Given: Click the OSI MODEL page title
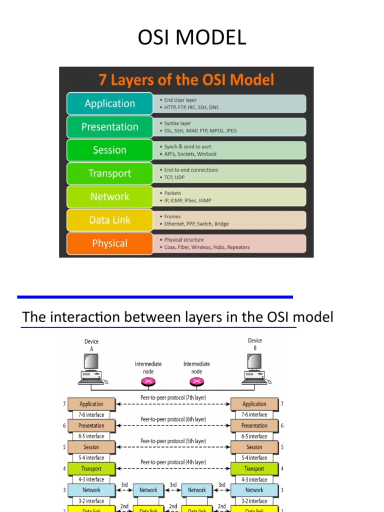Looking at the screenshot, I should click(192, 38).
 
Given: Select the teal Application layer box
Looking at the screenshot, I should click(109, 103).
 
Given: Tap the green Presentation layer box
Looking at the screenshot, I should click(109, 127).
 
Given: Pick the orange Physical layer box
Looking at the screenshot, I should click(109, 243).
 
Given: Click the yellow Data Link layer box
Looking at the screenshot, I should click(109, 220).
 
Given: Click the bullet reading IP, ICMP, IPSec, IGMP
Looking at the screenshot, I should click(187, 200).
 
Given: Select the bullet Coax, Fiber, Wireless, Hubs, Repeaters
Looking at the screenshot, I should click(206, 247).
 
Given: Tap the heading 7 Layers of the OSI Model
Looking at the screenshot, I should click(186, 79).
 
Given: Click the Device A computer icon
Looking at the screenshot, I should click(91, 368).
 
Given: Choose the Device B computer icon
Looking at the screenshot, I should click(255, 368).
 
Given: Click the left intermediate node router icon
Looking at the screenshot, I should click(148, 382).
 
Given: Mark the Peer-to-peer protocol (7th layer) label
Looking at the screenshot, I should click(173, 397).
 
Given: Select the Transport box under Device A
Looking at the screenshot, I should click(91, 469).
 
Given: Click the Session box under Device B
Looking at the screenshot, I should click(254, 447).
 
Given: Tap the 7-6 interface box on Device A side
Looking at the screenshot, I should click(91, 414).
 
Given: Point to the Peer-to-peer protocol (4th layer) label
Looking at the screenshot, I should click(173, 462).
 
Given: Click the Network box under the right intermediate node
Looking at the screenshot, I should click(196, 490).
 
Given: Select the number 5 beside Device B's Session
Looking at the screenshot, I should click(282, 447).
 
